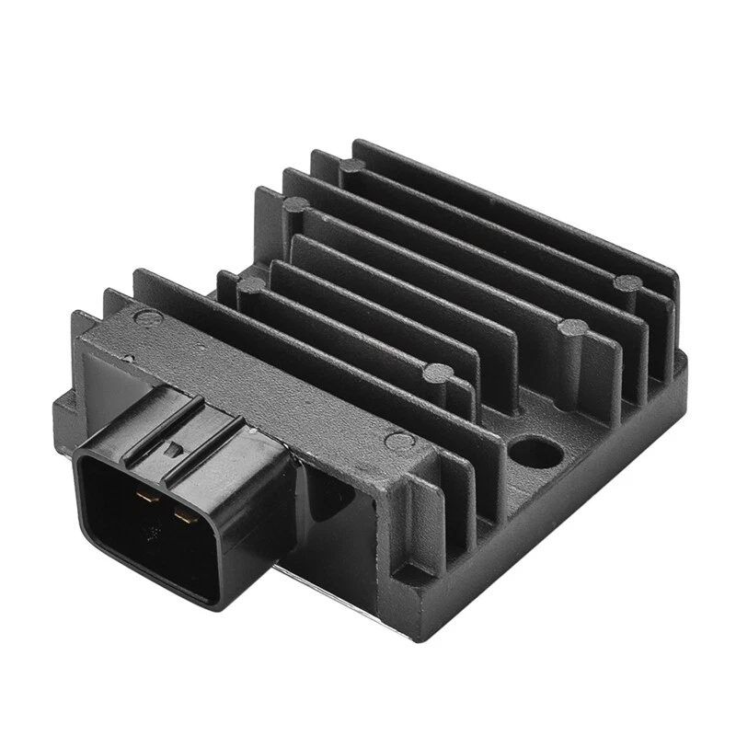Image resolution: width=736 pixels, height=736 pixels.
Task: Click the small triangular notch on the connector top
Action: (x=171, y=450)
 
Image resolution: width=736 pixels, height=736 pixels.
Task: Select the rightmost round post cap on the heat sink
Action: (x=628, y=282)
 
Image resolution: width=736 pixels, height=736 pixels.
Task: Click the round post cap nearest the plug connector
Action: (x=249, y=285)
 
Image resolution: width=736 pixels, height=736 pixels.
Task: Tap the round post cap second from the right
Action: (x=572, y=327)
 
